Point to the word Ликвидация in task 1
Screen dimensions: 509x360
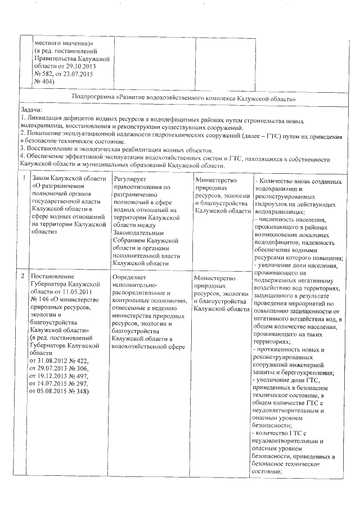pyautogui.click(x=42, y=120)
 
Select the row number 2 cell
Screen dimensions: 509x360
pyautogui.click(x=23, y=277)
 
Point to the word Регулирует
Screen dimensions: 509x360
pyautogui.click(x=129, y=179)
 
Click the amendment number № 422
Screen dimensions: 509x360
pyautogui.click(x=76, y=359)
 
